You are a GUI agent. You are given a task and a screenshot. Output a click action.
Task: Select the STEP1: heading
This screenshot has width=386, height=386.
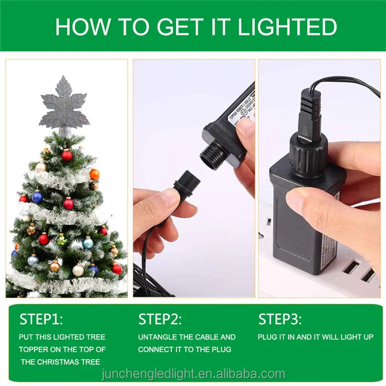pyautogui.click(x=41, y=319)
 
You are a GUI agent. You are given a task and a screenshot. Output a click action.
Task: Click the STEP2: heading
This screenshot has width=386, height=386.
pyautogui.click(x=160, y=319)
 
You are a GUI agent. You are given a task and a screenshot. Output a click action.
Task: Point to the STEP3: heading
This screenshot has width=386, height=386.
pyautogui.click(x=280, y=319)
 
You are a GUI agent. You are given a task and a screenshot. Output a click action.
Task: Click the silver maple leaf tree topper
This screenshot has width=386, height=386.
pyautogui.click(x=64, y=103)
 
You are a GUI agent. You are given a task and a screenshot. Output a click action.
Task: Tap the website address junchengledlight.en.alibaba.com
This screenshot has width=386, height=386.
pyautogui.click(x=193, y=374)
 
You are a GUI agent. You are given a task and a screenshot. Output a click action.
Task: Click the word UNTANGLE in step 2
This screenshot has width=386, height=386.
pyautogui.click(x=160, y=337)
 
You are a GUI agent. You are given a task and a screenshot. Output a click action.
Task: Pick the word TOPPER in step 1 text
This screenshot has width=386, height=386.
pyautogui.click(x=37, y=349)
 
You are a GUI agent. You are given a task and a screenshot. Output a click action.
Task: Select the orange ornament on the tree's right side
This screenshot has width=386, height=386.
pyautogui.click(x=94, y=174)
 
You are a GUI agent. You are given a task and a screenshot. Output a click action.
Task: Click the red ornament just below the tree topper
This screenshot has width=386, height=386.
pyautogui.click(x=67, y=155)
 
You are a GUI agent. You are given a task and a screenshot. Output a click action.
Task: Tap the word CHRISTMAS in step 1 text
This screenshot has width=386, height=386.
pyautogui.click(x=65, y=362)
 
